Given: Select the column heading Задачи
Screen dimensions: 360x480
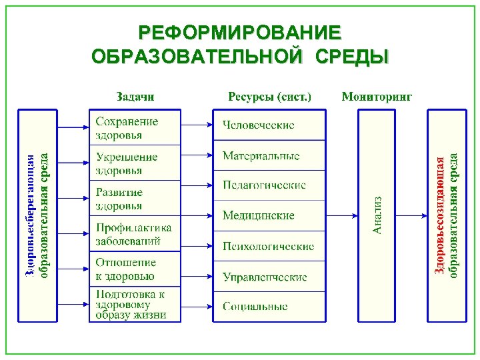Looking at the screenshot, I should [135, 97].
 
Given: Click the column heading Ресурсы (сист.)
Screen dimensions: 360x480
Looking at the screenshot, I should [269, 97].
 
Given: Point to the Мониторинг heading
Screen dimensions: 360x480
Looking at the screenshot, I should [377, 97].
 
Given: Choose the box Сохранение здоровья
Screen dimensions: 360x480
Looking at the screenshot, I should [135, 128].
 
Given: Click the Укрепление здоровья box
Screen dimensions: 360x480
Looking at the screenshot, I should [135, 163].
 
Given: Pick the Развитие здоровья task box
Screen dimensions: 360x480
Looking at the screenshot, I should [135, 199].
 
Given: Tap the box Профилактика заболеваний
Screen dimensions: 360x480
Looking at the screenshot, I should [135, 234].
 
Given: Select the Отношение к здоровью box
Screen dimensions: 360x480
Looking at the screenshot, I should [135, 269].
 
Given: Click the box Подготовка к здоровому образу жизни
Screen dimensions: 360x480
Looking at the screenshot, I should [135, 304].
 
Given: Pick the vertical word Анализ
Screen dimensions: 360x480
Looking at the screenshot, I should [377, 215].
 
